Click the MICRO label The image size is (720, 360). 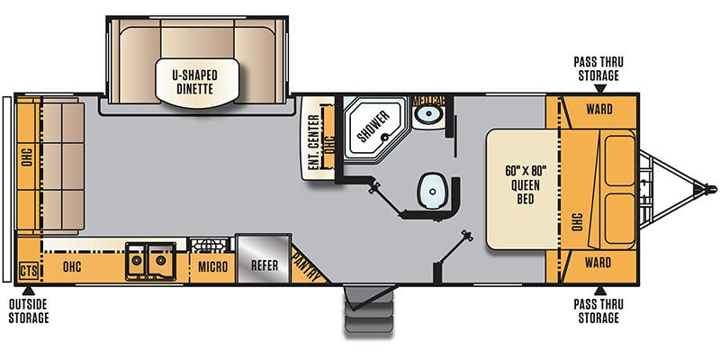[x=212, y=267]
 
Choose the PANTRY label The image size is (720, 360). [x=306, y=266]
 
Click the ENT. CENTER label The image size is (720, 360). [x=314, y=141]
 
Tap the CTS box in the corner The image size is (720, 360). [x=28, y=270]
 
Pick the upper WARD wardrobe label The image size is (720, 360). [x=598, y=109]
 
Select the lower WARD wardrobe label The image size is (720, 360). [x=598, y=263]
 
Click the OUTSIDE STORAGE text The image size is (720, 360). [x=29, y=311]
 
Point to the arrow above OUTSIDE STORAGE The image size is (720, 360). [x=29, y=291]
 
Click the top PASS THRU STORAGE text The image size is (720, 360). [x=598, y=68]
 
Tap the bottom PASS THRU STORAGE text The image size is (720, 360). [x=598, y=311]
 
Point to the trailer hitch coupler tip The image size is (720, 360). [x=711, y=189]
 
